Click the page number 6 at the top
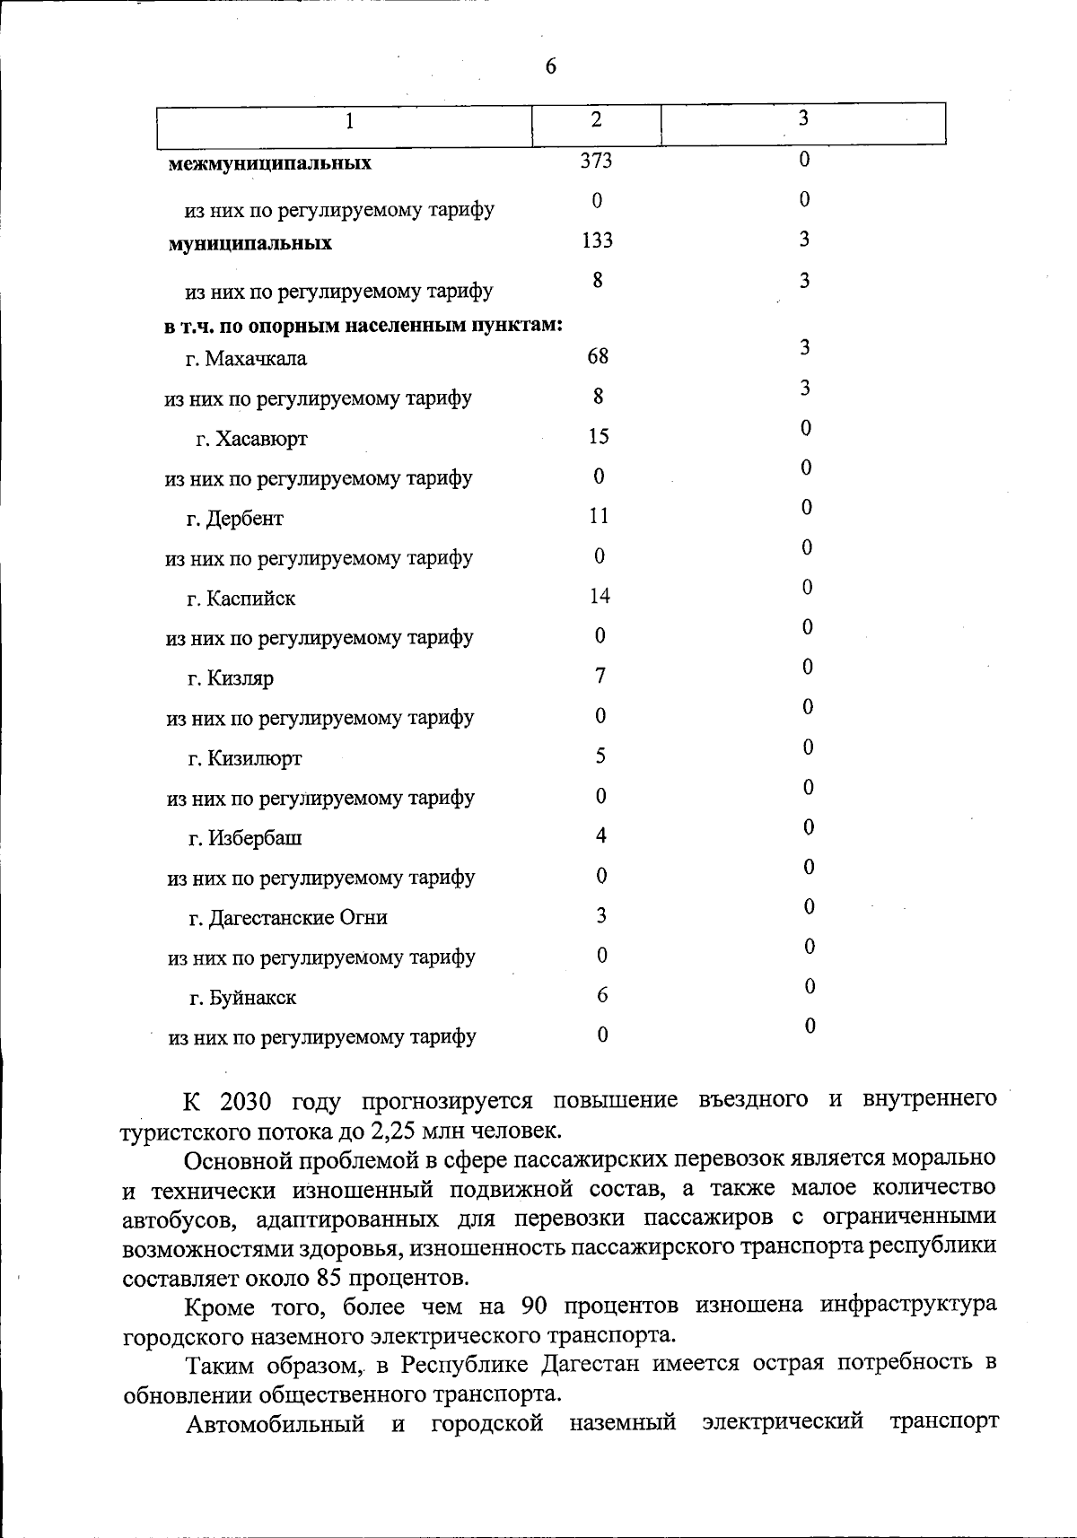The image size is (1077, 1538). tap(550, 67)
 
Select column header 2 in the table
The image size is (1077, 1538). tap(596, 119)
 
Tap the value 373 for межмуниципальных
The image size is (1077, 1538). tap(596, 160)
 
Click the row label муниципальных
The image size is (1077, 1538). tap(250, 243)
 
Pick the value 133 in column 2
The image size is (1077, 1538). tap(597, 240)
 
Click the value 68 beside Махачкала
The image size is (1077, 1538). tap(598, 356)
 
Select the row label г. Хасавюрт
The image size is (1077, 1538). tap(251, 439)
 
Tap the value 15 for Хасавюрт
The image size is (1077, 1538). tap(599, 436)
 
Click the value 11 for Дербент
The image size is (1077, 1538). tap(599, 516)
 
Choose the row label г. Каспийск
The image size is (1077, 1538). tap(241, 599)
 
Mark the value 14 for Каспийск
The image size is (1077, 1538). tap(600, 596)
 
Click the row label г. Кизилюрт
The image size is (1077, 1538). tap(244, 758)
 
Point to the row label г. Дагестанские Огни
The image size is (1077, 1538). tap(287, 918)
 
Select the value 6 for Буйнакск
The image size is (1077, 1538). tap(602, 995)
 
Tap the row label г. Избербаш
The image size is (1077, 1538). tap(244, 838)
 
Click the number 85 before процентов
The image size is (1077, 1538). tap(327, 1278)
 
